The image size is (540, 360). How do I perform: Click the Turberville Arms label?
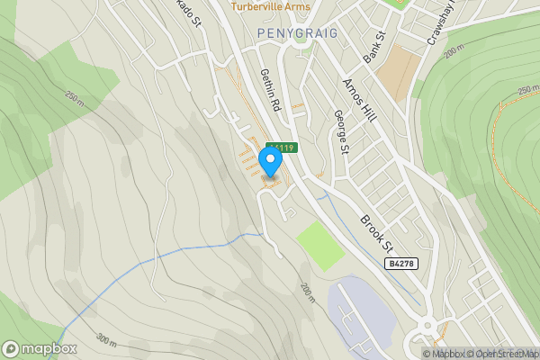tap(270, 6)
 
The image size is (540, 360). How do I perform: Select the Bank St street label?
tap(374, 47)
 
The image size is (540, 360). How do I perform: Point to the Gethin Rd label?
tap(270, 89)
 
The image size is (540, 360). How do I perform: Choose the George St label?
tap(340, 131)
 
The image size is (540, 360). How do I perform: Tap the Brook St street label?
tap(377, 232)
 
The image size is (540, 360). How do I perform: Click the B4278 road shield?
tap(403, 264)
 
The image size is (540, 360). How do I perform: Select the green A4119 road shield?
tap(281, 146)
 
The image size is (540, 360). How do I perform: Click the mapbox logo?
tap(40, 348)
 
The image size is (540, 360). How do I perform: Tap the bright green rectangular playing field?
tap(320, 244)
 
